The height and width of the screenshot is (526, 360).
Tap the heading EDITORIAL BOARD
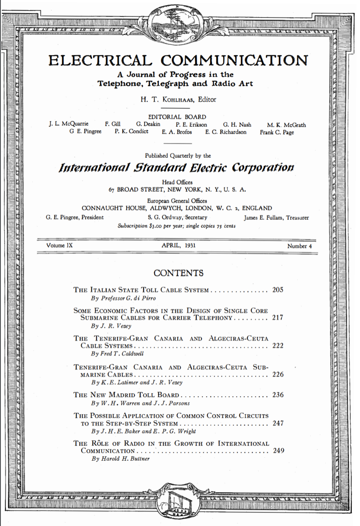pyautogui.click(x=177, y=117)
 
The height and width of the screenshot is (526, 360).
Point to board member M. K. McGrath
pyautogui.click(x=286, y=125)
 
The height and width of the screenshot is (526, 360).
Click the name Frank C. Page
pyautogui.click(x=277, y=132)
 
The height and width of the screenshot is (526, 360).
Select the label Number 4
pyautogui.click(x=296, y=246)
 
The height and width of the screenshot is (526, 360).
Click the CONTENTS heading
pyautogui.click(x=178, y=273)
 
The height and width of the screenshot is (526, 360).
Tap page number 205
pyautogui.click(x=278, y=290)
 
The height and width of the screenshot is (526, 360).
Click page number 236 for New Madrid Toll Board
pyautogui.click(x=278, y=395)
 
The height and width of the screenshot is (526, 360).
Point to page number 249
pyautogui.click(x=278, y=450)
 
